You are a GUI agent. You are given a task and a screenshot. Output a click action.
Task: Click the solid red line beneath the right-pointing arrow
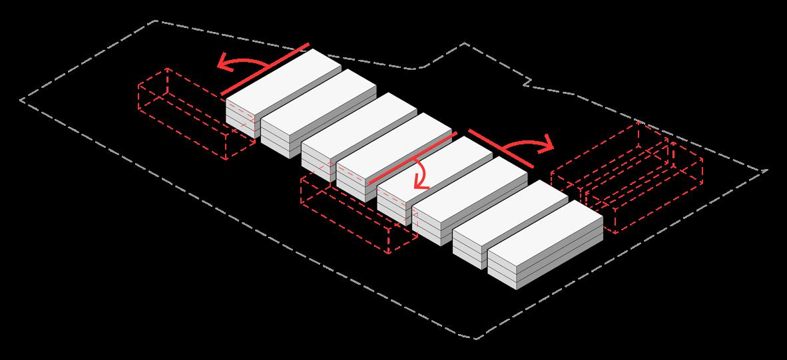[501, 148]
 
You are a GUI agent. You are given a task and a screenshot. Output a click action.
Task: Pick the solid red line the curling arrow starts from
[413, 158]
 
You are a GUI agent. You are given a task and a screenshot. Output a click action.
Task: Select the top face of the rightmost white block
[545, 228]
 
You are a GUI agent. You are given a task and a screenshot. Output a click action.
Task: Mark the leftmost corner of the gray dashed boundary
[21, 100]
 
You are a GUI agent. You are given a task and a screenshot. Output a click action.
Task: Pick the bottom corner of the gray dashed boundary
[477, 339]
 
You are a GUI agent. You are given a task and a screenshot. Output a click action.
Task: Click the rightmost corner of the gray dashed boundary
[767, 170]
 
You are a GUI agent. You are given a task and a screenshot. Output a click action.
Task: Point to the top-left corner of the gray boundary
[156, 21]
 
